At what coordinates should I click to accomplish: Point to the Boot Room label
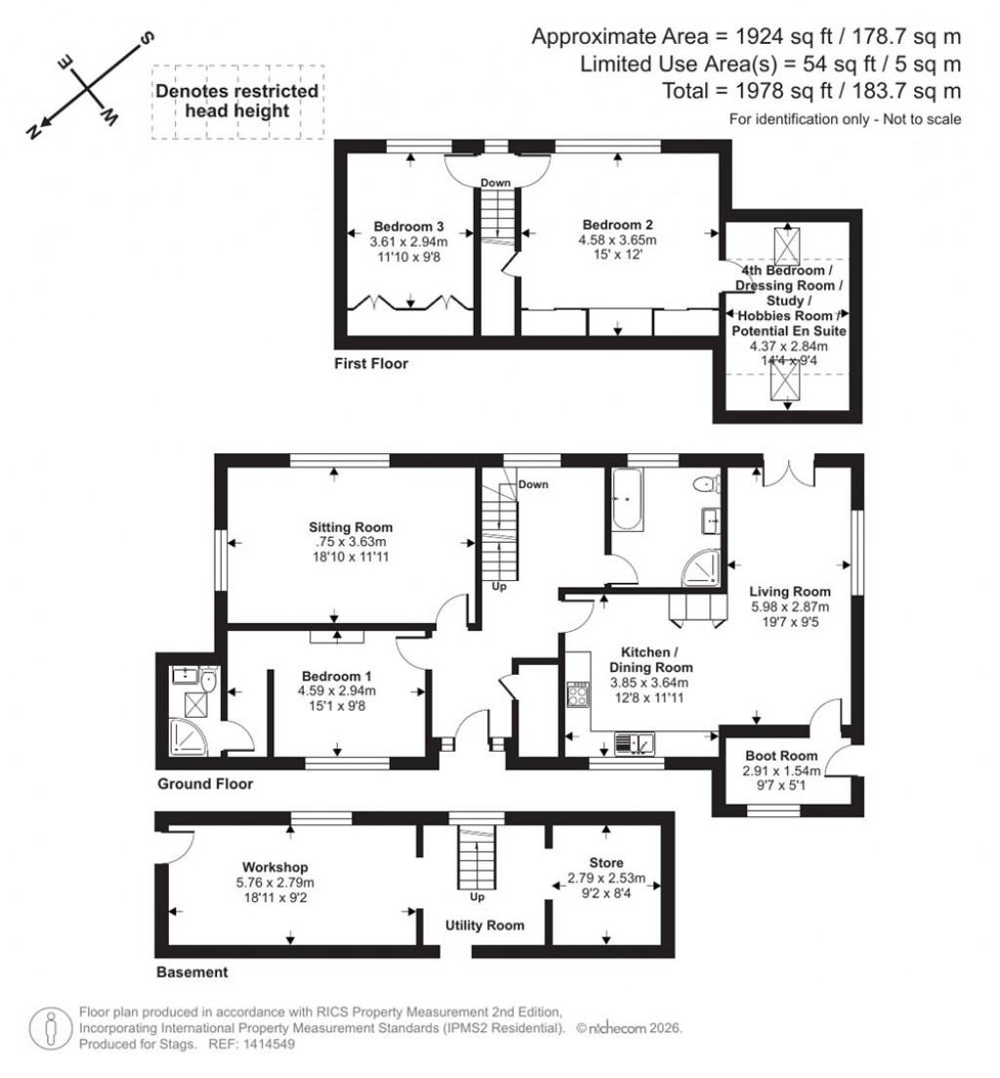pyautogui.click(x=780, y=755)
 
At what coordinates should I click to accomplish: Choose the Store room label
pyautogui.click(x=605, y=862)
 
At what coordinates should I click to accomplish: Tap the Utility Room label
pyautogui.click(x=484, y=925)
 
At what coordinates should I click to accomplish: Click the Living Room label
pyautogui.click(x=790, y=591)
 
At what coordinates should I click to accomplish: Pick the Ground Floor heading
pyautogui.click(x=205, y=783)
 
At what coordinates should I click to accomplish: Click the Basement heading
pyautogui.click(x=191, y=972)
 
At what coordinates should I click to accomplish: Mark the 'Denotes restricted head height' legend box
pyautogui.click(x=237, y=101)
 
